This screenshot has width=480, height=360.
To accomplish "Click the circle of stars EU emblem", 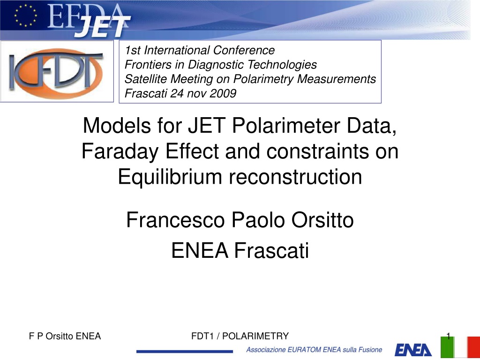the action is click(x=26, y=15).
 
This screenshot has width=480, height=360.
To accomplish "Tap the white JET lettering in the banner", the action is click(x=103, y=27).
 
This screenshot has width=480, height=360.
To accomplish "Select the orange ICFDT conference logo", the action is click(x=57, y=71).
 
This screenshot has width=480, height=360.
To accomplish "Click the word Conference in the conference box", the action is click(x=244, y=50).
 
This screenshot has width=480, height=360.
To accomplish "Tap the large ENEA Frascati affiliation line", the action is click(x=240, y=250).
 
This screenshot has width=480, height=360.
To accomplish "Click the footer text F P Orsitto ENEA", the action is click(x=65, y=336).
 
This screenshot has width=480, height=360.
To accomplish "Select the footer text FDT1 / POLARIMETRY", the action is click(x=240, y=336).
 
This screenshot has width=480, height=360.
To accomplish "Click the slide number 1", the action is click(x=449, y=336).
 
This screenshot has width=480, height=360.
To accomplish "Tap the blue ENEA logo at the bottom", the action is click(x=413, y=350).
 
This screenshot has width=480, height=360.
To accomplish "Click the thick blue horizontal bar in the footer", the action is click(x=185, y=351).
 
